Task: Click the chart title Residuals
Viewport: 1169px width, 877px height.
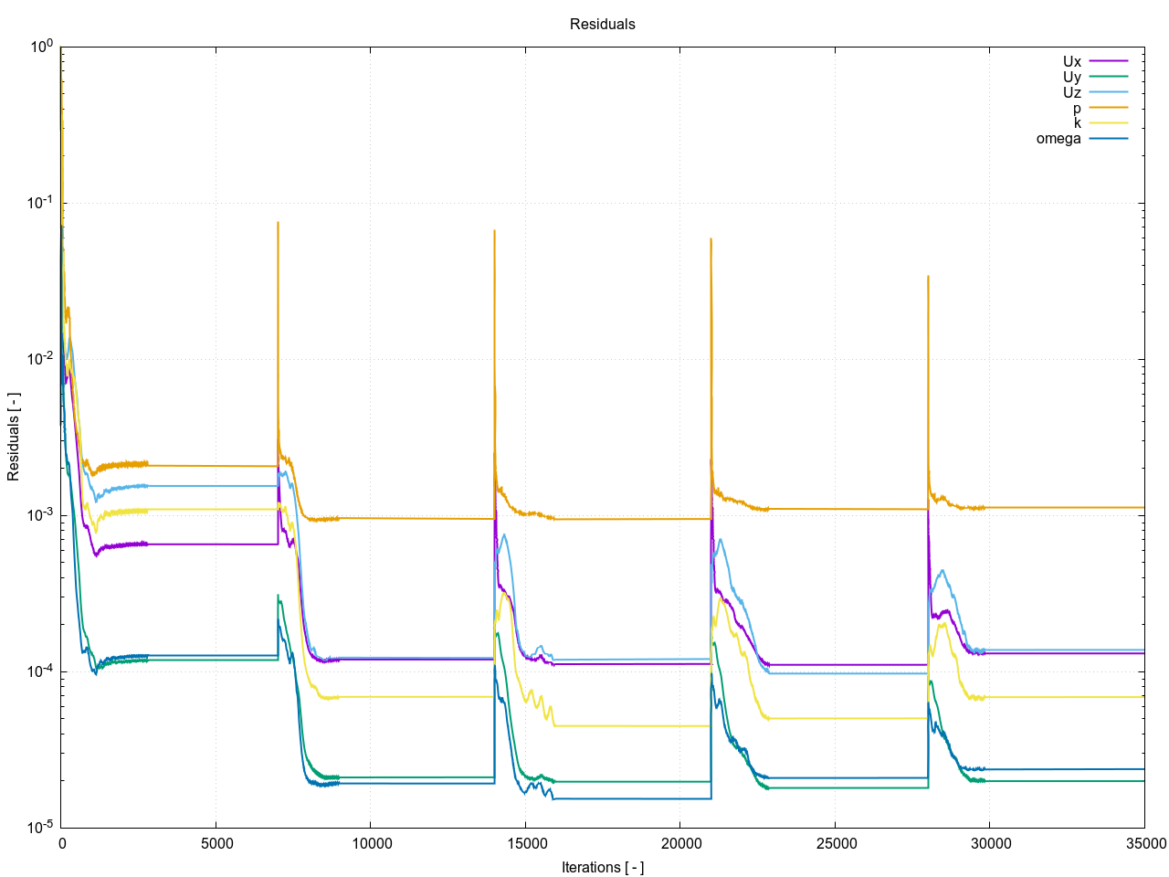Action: (602, 24)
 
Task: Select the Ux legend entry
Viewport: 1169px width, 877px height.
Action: (1072, 62)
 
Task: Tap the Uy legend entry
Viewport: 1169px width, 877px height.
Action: (1072, 78)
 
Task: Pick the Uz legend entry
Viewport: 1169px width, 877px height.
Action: (1072, 93)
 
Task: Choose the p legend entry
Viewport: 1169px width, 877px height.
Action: (1077, 109)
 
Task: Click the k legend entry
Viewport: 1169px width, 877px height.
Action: (1077, 123)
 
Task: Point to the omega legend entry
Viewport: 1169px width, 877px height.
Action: (1058, 139)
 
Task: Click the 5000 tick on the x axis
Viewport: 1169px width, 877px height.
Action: (216, 843)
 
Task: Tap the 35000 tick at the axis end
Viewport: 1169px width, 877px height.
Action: (1144, 843)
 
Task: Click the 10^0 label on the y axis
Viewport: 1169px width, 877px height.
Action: (42, 47)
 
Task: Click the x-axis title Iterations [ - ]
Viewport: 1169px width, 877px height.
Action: (602, 867)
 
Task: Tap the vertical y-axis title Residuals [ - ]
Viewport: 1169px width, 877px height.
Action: (14, 437)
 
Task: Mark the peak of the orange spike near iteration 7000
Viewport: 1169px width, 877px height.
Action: (278, 222)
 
